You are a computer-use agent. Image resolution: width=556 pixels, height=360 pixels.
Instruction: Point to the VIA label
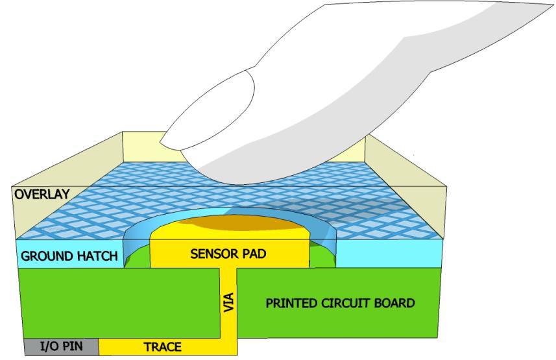tap(228, 303)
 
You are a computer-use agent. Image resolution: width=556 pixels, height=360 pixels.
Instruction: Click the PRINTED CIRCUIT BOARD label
tap(340, 303)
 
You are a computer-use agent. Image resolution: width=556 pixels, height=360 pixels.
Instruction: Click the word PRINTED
tap(291, 303)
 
